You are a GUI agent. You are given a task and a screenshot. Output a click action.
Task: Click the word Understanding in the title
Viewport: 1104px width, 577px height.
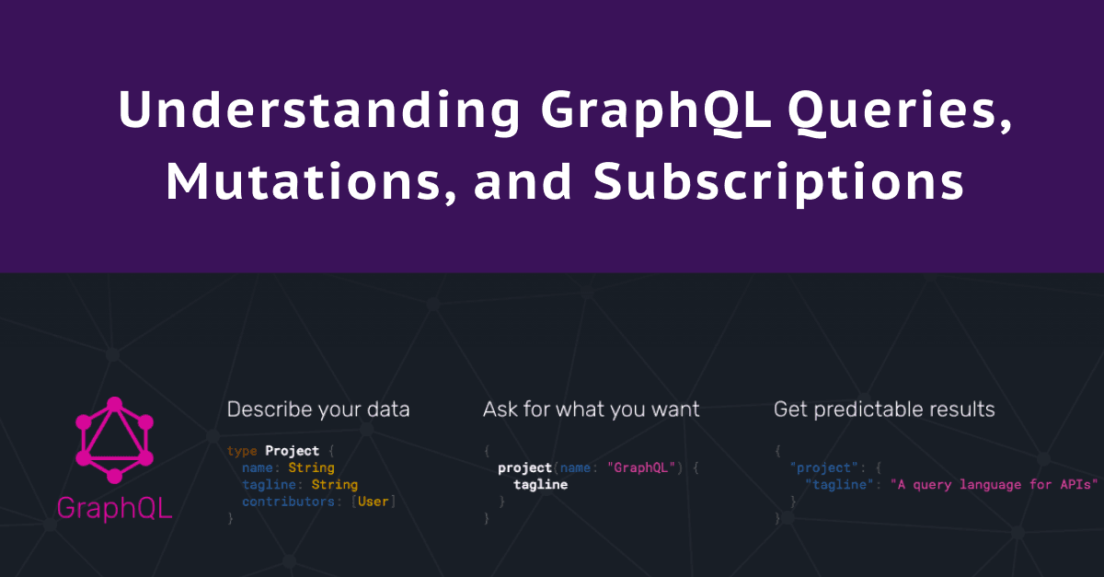[x=319, y=111]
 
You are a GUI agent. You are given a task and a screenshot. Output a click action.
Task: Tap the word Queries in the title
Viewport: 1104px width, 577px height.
[x=900, y=112]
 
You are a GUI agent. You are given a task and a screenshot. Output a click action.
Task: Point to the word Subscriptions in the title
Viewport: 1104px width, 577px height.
[x=778, y=182]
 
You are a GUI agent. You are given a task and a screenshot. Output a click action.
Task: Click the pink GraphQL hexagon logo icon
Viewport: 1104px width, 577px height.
[x=114, y=440]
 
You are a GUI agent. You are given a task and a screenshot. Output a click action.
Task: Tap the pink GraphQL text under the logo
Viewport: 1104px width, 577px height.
[x=114, y=508]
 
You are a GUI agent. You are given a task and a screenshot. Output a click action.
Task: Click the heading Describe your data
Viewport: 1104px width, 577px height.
[x=318, y=410]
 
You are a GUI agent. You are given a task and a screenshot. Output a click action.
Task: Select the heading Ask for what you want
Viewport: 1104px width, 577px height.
[x=591, y=410]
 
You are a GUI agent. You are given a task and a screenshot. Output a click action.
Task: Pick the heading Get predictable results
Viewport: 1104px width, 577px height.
[x=884, y=410]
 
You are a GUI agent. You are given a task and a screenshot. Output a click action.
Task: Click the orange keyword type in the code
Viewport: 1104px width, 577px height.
[x=242, y=451]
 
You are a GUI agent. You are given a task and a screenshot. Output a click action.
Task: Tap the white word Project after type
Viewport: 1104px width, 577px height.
[x=293, y=450]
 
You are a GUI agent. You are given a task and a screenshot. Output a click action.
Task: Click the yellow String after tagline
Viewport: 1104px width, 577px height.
[x=335, y=484]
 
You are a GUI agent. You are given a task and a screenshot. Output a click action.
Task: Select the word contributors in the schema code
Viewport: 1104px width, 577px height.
[x=288, y=501]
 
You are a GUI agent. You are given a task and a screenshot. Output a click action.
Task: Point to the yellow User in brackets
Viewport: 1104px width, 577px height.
[x=374, y=501]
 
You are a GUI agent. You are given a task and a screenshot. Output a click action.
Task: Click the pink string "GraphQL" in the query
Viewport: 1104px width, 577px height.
[x=640, y=467]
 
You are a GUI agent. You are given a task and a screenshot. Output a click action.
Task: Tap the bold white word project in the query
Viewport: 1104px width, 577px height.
[x=525, y=467]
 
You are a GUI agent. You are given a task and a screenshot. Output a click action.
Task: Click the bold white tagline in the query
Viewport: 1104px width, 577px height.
[x=541, y=484]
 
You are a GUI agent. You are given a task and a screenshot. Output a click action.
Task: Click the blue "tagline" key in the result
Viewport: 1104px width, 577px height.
[x=839, y=484]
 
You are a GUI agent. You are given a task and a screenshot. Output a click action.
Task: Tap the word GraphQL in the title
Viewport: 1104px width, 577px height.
[x=655, y=112]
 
